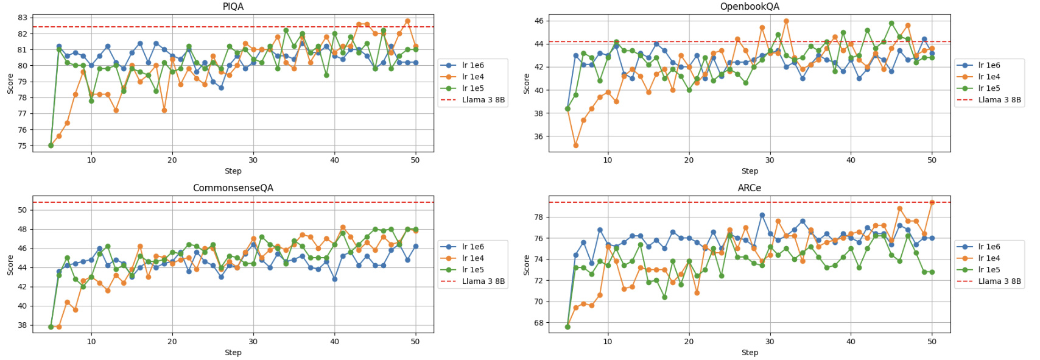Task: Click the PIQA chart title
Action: pos(233,6)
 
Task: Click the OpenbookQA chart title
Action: pos(749,6)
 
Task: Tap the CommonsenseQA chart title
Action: pos(233,188)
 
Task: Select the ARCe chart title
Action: pos(749,188)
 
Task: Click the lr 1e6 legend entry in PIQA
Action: pos(473,65)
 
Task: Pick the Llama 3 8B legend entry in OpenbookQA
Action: pos(999,100)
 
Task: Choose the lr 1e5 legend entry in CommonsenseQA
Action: pos(473,270)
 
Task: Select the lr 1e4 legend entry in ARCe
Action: pos(989,258)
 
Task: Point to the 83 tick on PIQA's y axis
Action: pos(23,18)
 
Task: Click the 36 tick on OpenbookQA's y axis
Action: pos(539,136)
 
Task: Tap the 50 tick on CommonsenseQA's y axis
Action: pos(23,210)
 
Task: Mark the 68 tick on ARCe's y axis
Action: pos(539,323)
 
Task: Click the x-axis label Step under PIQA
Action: pos(233,171)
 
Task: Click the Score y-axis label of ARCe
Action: pos(526,265)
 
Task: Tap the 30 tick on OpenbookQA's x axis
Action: pos(770,160)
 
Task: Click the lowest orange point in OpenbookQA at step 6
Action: pos(575,146)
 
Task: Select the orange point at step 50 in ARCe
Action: pos(932,203)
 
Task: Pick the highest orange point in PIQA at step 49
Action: pos(407,21)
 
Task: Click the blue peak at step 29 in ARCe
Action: pos(762,215)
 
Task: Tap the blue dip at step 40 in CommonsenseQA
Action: pos(334,279)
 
